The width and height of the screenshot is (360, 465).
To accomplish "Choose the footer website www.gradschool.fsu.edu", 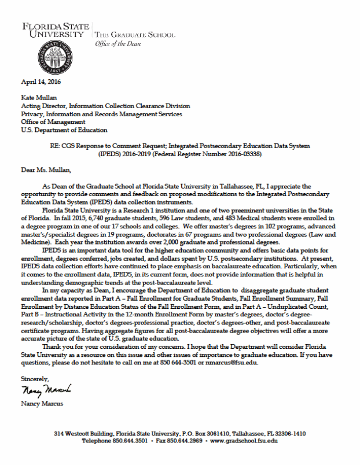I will click(243, 441).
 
